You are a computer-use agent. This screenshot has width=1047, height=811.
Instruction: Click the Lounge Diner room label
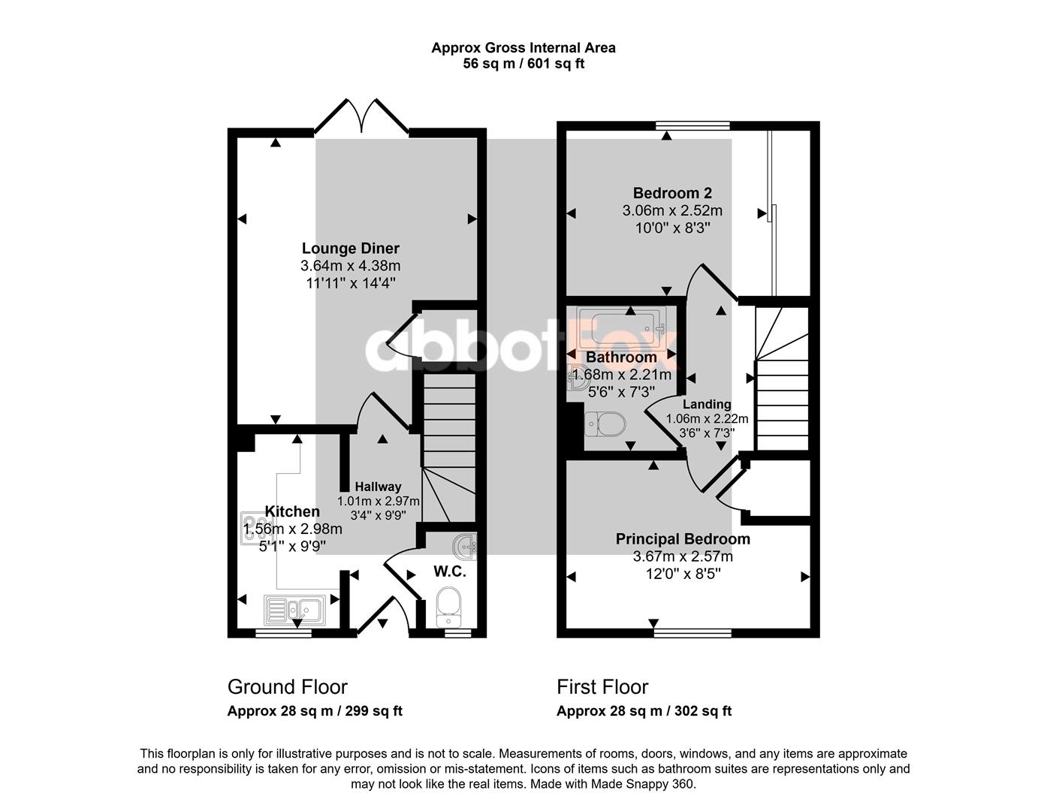[x=350, y=249]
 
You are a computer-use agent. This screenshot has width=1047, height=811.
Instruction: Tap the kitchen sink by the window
[x=295, y=611]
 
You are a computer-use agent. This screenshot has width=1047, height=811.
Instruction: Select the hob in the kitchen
[x=255, y=528]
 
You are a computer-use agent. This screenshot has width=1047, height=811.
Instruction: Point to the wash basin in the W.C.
[x=464, y=546]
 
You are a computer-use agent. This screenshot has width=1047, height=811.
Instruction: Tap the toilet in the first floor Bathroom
[x=605, y=424]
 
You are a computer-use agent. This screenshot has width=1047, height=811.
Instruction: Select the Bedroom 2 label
[x=672, y=193]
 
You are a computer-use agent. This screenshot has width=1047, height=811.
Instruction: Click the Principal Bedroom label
[x=683, y=539]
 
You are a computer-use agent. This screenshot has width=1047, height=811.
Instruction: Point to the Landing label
[x=707, y=404]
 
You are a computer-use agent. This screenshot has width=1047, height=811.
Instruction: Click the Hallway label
[x=378, y=487]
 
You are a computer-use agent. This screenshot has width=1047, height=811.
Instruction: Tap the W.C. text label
[x=450, y=571]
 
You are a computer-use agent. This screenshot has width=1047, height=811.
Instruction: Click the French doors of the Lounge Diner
[x=361, y=116]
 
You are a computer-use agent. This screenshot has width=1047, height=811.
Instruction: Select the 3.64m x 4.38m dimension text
[x=350, y=266]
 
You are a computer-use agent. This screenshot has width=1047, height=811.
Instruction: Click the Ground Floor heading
[x=287, y=687]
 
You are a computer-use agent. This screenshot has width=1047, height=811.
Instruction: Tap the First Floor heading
[x=602, y=687]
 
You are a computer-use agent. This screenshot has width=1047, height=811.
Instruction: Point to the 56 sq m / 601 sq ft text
[x=523, y=64]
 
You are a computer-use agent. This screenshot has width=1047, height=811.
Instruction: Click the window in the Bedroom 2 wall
[x=692, y=125]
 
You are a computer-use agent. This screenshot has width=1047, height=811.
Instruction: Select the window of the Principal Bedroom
[x=692, y=633]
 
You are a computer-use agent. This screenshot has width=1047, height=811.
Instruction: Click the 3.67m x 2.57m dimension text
[x=683, y=556]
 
